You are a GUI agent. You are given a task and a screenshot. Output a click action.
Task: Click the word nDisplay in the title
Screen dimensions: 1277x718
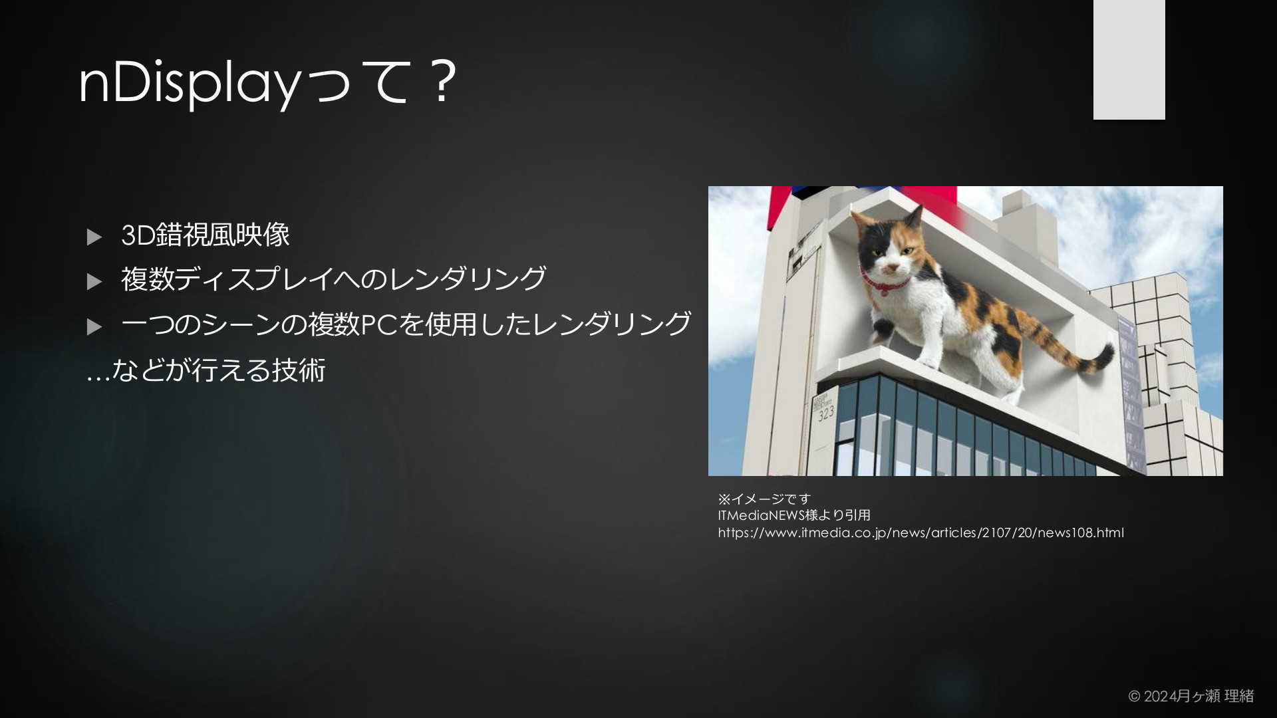(x=189, y=84)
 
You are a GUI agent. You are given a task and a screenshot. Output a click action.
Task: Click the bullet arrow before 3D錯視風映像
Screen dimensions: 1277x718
(x=94, y=237)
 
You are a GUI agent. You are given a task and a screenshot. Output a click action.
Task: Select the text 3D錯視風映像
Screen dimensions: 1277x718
(x=206, y=235)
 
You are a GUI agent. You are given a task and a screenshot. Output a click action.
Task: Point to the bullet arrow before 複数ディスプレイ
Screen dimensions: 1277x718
(x=94, y=282)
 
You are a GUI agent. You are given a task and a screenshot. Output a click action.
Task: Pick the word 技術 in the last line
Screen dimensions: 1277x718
(x=299, y=370)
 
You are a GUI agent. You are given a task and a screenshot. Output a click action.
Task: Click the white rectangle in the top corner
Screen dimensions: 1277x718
(x=1129, y=60)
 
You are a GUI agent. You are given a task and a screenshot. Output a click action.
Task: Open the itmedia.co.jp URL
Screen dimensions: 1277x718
(x=921, y=533)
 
